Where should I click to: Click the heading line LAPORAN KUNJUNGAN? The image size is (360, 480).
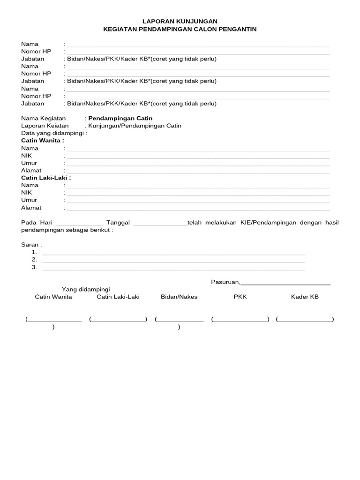click(180, 22)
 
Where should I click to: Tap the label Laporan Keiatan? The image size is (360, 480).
click(45, 126)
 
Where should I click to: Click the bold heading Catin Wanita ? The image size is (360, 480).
click(43, 140)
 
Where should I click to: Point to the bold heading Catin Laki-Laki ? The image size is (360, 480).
click(46, 178)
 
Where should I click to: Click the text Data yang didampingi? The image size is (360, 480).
click(54, 133)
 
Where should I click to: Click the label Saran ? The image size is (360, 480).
click(31, 245)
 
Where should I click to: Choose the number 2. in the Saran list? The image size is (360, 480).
click(34, 260)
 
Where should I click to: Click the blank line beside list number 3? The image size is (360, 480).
click(173, 269)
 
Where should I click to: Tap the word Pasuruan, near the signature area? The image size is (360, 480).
click(225, 282)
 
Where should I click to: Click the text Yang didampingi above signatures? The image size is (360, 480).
click(86, 290)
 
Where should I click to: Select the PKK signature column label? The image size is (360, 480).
click(240, 297)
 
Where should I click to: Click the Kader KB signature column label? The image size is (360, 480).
click(305, 297)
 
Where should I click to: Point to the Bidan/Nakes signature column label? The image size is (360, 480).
click(179, 297)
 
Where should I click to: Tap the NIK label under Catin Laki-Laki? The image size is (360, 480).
click(27, 193)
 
